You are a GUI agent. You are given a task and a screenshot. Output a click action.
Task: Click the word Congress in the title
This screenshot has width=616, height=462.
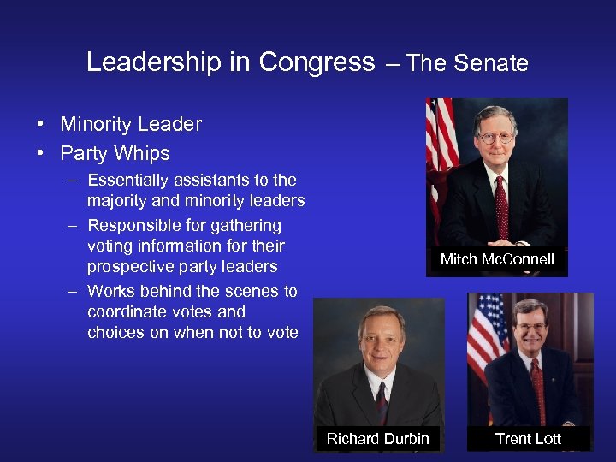pyautogui.click(x=317, y=62)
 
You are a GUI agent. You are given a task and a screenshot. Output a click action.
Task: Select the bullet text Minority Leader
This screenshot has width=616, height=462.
pyautogui.click(x=131, y=124)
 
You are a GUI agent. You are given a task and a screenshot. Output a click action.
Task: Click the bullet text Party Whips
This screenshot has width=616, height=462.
pyautogui.click(x=115, y=154)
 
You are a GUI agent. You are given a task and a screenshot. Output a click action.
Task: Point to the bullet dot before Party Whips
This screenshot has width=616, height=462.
pyautogui.click(x=41, y=154)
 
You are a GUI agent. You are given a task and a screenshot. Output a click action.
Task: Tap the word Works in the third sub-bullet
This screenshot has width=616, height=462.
pyautogui.click(x=111, y=291)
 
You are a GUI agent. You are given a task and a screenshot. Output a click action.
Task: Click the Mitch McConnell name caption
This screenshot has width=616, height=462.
pyautogui.click(x=497, y=259)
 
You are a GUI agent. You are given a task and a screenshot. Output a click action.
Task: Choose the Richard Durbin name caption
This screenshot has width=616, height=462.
pyautogui.click(x=377, y=439)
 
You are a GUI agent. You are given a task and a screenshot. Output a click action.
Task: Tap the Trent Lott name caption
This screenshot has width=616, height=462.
pyautogui.click(x=529, y=439)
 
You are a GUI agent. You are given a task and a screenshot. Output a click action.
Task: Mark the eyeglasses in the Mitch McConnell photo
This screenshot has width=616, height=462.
pyautogui.click(x=495, y=137)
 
